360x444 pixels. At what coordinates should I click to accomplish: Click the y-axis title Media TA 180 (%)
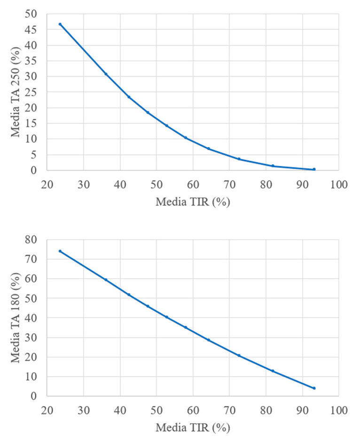pos(16,318)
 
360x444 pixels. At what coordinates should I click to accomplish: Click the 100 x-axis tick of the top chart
pos(339,184)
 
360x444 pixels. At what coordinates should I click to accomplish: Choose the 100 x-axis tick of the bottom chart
pos(339,410)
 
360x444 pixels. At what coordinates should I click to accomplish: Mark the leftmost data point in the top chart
pos(60,24)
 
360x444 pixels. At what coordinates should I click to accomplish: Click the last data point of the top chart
pos(314,169)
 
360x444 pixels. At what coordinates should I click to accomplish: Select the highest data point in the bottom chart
pos(60,251)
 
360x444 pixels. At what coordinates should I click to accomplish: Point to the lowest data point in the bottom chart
pos(314,388)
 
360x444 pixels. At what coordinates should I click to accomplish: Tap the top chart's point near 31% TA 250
pos(106,74)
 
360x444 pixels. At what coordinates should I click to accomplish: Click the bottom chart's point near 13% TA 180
pos(273,371)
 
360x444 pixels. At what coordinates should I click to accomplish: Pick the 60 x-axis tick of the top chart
pos(193,184)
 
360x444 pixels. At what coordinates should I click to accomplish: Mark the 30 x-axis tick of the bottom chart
pos(83,410)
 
